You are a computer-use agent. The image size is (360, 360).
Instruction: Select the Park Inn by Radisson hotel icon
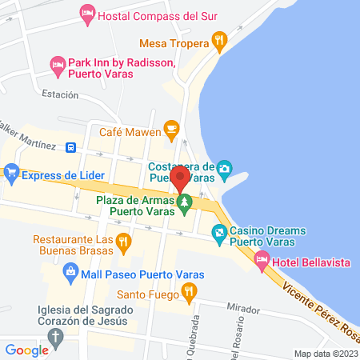(x=57, y=63)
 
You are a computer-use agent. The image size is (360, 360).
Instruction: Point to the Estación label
(x=61, y=94)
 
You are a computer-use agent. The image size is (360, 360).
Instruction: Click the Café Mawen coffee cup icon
(x=170, y=128)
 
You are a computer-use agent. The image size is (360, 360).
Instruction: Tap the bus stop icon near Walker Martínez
(x=71, y=147)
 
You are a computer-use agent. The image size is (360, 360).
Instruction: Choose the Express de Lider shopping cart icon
(x=11, y=171)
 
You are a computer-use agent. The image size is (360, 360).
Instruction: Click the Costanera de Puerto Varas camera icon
(x=225, y=168)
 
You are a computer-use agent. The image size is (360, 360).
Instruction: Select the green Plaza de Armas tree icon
(x=185, y=205)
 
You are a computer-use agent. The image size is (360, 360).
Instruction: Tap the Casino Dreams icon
(x=218, y=233)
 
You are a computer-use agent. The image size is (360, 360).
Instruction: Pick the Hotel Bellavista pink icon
(x=262, y=258)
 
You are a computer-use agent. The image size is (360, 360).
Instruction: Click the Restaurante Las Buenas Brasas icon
(x=123, y=240)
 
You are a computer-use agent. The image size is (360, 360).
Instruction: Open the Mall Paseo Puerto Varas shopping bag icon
(x=71, y=274)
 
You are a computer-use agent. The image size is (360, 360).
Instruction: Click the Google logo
(x=27, y=350)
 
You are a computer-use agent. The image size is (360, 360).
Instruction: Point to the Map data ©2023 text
(x=326, y=354)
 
